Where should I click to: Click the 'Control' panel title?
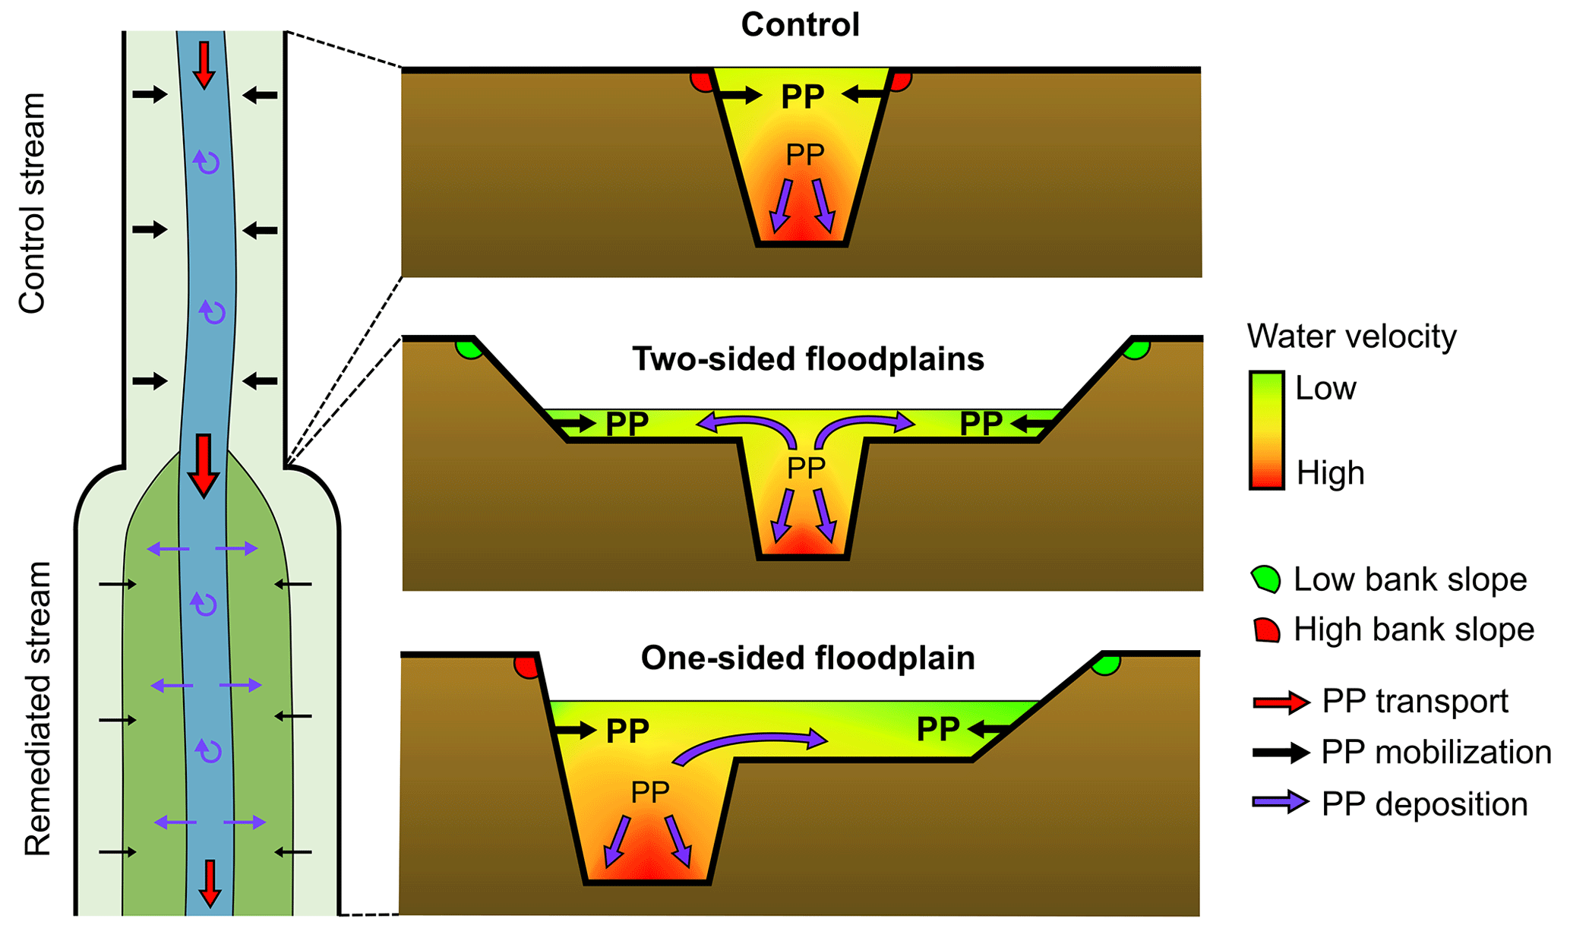pos(800,25)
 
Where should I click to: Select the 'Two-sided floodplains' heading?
pos(807,359)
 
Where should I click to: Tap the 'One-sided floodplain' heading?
pos(807,658)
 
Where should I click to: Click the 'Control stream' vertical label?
pos(33,203)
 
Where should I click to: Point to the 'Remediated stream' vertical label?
pos(36,709)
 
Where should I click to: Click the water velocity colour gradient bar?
pos(1266,430)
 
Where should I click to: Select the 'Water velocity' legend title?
pos(1351,336)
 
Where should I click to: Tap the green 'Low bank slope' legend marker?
pos(1265,579)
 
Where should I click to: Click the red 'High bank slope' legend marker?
pos(1266,630)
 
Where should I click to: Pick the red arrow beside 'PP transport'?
pos(1281,702)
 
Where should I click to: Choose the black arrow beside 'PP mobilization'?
pos(1281,753)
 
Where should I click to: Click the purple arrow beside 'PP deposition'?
pos(1281,803)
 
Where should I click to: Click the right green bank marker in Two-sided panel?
pos(1137,349)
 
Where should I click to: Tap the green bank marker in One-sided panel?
pos(1107,665)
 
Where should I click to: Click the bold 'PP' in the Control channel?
pos(802,96)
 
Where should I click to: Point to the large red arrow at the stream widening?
pos(203,465)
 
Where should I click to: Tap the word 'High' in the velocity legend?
pos(1330,473)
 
